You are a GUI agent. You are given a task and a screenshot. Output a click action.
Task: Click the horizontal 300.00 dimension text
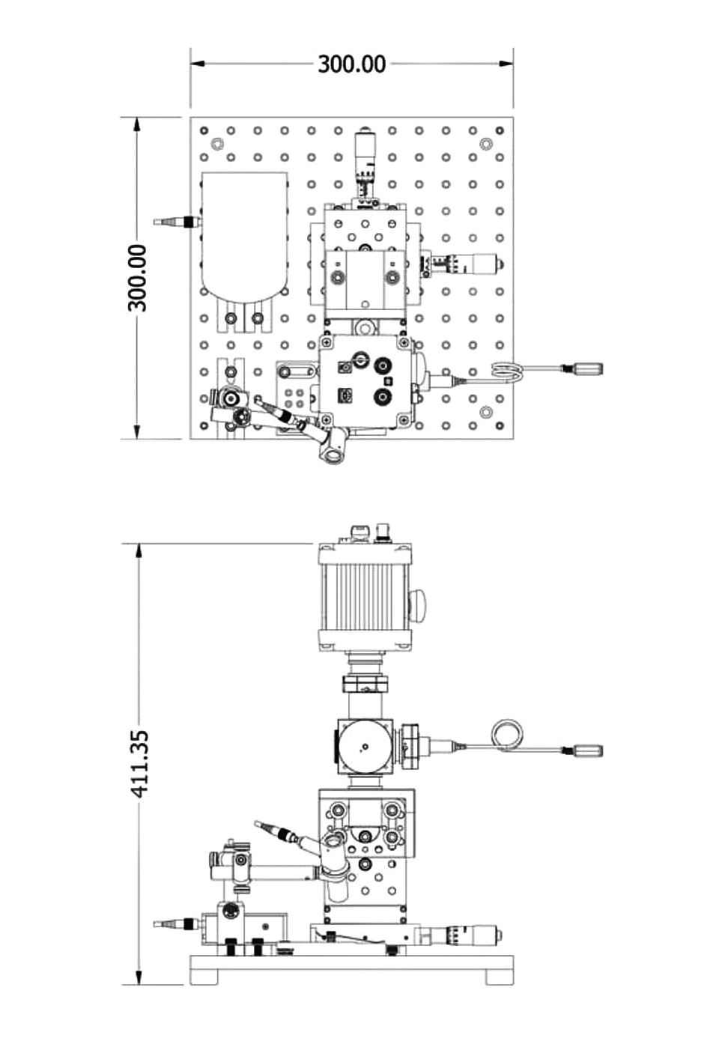tap(351, 64)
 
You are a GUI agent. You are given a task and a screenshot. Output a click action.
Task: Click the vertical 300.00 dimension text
tap(138, 278)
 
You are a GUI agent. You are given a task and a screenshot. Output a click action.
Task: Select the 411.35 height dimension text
tap(139, 764)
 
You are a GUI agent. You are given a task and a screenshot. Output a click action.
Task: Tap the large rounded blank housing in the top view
tap(243, 236)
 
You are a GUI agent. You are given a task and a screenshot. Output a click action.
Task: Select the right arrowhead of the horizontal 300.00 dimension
tap(506, 64)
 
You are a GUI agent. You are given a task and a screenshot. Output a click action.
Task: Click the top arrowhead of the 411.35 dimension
tap(138, 551)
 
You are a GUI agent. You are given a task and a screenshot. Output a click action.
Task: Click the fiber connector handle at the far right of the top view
tap(583, 368)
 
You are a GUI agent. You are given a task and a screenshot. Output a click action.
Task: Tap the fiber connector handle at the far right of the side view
tap(583, 750)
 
